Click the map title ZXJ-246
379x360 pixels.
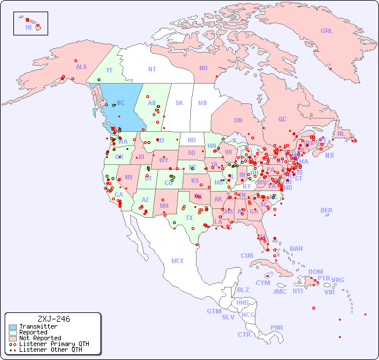pos(53,319)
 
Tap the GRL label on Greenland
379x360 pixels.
pos(327,31)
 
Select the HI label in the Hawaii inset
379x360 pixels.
pos(29,27)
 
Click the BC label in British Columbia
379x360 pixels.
pos(121,103)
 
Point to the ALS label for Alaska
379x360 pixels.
pos(81,67)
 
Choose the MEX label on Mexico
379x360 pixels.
pos(177,261)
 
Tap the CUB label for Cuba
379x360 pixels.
pos(247,255)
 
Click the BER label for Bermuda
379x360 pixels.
pos(326,210)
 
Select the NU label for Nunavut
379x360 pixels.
pos(203,68)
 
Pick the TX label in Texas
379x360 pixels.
pos(189,218)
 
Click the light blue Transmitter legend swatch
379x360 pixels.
pos(12,327)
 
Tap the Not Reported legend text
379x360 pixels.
pos(39,338)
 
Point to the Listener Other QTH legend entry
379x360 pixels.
pos(50,350)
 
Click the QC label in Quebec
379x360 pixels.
pos(282,119)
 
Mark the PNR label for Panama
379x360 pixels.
pos(277,327)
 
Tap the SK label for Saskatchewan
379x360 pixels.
pos(179,103)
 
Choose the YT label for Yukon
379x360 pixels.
pos(109,70)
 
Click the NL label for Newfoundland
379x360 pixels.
pos(341,134)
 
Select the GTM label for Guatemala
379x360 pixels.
pos(214,311)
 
